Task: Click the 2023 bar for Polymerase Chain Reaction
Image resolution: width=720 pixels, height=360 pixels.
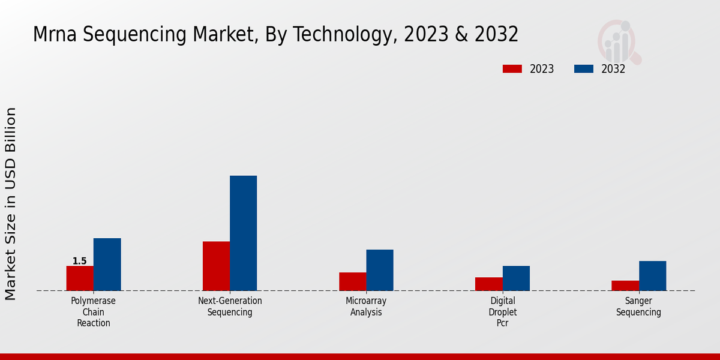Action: click(x=80, y=278)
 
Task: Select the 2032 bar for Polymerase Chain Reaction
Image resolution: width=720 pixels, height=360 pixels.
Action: click(x=107, y=265)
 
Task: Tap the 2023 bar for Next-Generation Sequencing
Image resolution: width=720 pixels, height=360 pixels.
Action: click(x=216, y=266)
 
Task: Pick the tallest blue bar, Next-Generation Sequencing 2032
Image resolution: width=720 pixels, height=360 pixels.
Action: click(x=243, y=233)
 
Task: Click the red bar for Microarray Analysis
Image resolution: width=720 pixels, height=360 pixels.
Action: click(x=352, y=281)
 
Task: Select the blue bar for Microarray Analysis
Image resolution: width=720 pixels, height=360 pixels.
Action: click(x=380, y=270)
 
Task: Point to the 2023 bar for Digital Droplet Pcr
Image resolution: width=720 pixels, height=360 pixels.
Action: click(x=489, y=284)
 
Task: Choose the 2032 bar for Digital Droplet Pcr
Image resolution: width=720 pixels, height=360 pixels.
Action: click(x=516, y=278)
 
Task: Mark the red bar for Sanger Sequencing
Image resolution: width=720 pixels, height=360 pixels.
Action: click(x=625, y=286)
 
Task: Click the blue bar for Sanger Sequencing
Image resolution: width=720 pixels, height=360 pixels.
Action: click(x=652, y=276)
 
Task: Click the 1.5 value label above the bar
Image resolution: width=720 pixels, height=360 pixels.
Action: click(x=80, y=261)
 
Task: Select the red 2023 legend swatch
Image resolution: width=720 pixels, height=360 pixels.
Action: click(x=512, y=69)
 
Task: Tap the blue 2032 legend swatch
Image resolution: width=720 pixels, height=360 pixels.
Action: click(x=583, y=69)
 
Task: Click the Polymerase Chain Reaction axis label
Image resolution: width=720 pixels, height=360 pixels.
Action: click(x=94, y=312)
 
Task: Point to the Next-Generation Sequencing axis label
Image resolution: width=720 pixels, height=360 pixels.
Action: click(x=230, y=307)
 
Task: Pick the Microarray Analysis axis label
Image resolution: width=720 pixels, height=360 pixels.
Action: click(x=366, y=307)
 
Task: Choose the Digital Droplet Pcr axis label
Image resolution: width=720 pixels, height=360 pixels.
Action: click(x=503, y=312)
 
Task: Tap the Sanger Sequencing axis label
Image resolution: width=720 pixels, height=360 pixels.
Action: click(x=638, y=307)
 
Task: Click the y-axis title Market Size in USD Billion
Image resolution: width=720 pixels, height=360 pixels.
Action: click(x=11, y=204)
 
